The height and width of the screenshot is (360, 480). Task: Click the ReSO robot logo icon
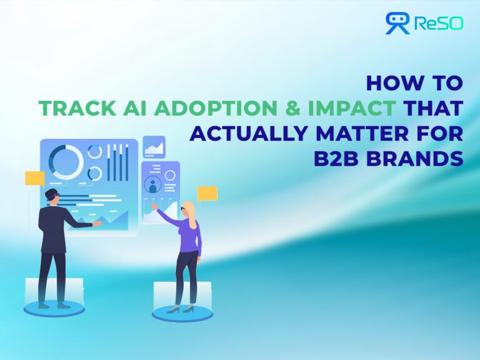point(397,23)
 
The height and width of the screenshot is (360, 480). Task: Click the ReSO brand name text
point(438,24)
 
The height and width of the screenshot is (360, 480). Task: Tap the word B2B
point(337,158)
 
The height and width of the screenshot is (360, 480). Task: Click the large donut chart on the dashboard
point(66,161)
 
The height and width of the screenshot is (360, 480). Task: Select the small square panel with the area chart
point(154,147)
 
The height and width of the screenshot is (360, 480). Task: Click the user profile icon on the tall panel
point(151,185)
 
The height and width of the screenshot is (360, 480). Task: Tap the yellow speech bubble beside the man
point(35,179)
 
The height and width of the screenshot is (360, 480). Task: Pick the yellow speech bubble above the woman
point(207,193)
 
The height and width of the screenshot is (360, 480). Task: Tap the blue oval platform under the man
point(54,307)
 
